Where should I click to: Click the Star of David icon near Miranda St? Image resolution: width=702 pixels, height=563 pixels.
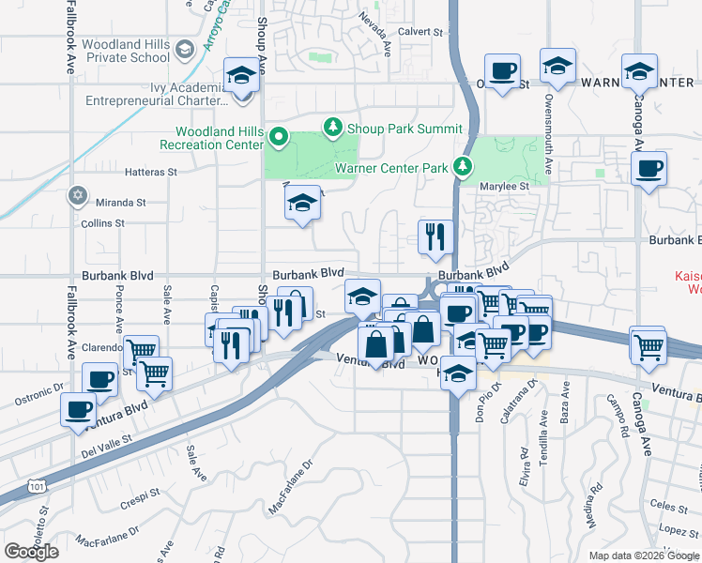tap(75, 196)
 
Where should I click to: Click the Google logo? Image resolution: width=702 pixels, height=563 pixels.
tap(31, 551)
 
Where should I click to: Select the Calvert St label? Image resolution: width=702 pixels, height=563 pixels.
tap(420, 32)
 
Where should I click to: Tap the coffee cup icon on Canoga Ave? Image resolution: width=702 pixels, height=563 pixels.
tap(649, 169)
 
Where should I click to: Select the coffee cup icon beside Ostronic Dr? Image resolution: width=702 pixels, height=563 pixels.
tap(99, 379)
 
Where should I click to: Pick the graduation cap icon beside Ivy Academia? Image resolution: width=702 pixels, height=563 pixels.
tap(241, 75)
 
